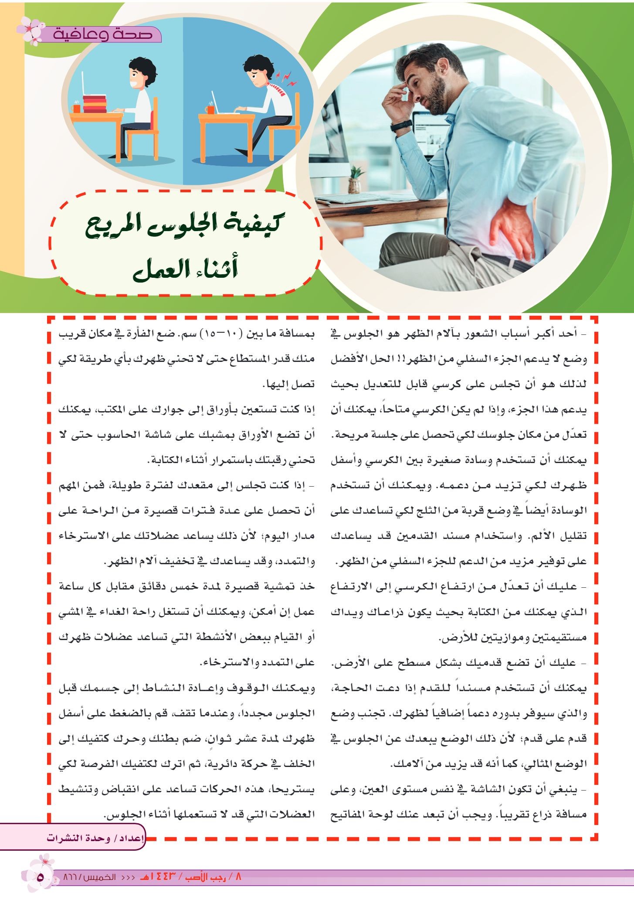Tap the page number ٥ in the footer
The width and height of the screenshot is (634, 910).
pyautogui.click(x=41, y=877)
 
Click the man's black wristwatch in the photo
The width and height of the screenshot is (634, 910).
pyautogui.click(x=401, y=126)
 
